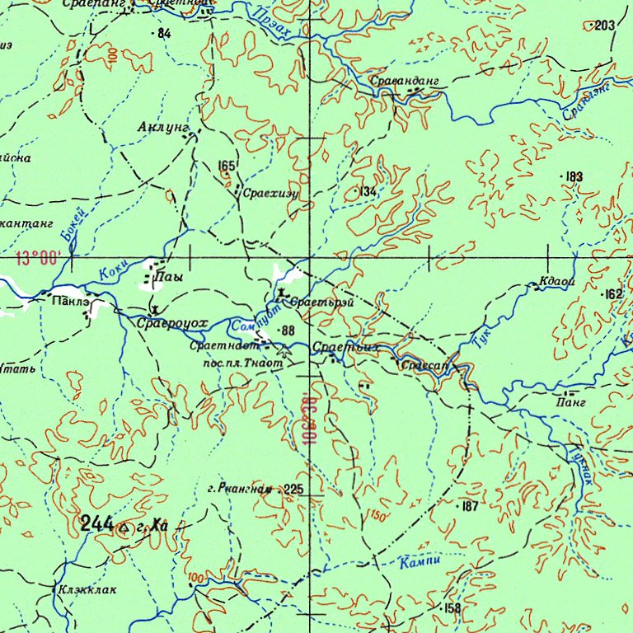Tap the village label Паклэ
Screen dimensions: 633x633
pos(72,302)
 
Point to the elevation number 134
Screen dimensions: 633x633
pos(368,191)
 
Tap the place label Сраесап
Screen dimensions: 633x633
pos(423,363)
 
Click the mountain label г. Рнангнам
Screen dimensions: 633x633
pos(240,490)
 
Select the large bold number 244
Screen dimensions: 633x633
pos(97,523)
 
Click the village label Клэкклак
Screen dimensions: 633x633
pos(87,589)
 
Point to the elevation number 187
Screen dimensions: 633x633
pos(469,507)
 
